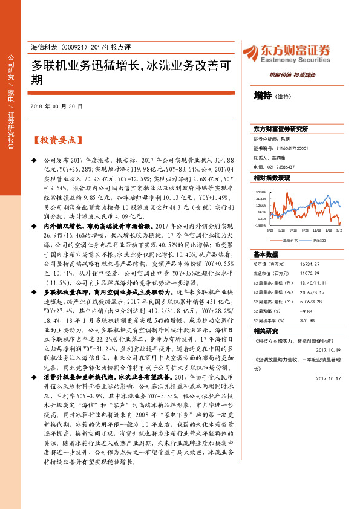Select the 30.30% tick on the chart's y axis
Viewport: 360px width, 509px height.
[260, 192]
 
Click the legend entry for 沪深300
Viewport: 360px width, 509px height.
[320, 241]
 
